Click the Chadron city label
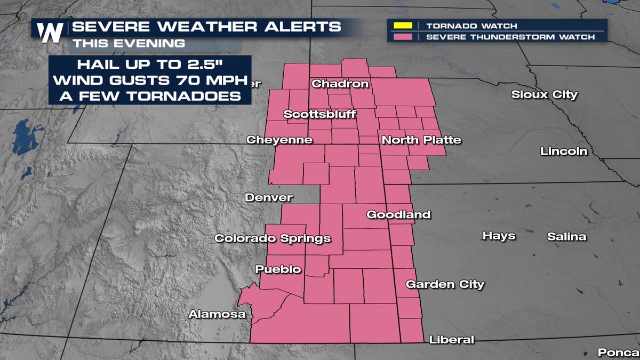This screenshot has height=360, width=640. click(x=340, y=84)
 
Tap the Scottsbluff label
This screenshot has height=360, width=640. click(x=319, y=114)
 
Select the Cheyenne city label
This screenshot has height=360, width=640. click(x=279, y=140)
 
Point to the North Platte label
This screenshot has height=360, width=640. click(x=421, y=140)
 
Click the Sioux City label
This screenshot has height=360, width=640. click(x=544, y=95)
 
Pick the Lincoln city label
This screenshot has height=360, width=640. click(x=564, y=151)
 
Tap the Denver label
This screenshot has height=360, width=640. click(x=269, y=198)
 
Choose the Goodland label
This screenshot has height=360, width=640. click(x=398, y=214)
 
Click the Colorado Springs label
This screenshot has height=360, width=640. click(x=273, y=238)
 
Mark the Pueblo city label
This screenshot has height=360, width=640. click(x=278, y=269)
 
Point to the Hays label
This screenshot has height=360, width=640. click(x=499, y=236)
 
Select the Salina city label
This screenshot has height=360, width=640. click(x=566, y=237)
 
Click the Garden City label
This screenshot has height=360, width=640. click(x=445, y=284)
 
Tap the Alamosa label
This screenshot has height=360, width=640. click(x=217, y=315)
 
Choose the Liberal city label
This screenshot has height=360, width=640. click(x=451, y=340)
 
